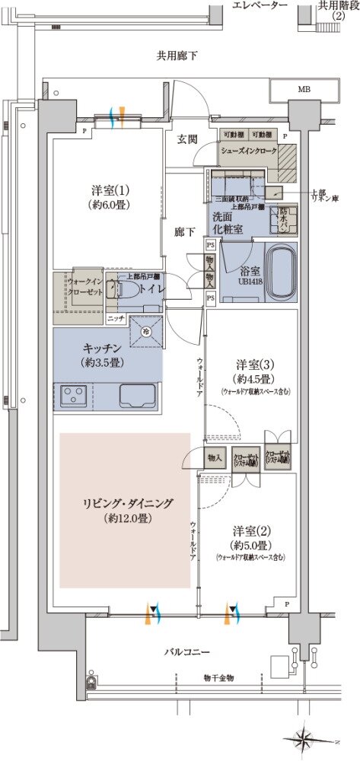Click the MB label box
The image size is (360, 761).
pos(304,90)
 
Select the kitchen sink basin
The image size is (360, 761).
pos(138,396)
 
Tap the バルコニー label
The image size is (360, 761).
pos(186,653)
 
